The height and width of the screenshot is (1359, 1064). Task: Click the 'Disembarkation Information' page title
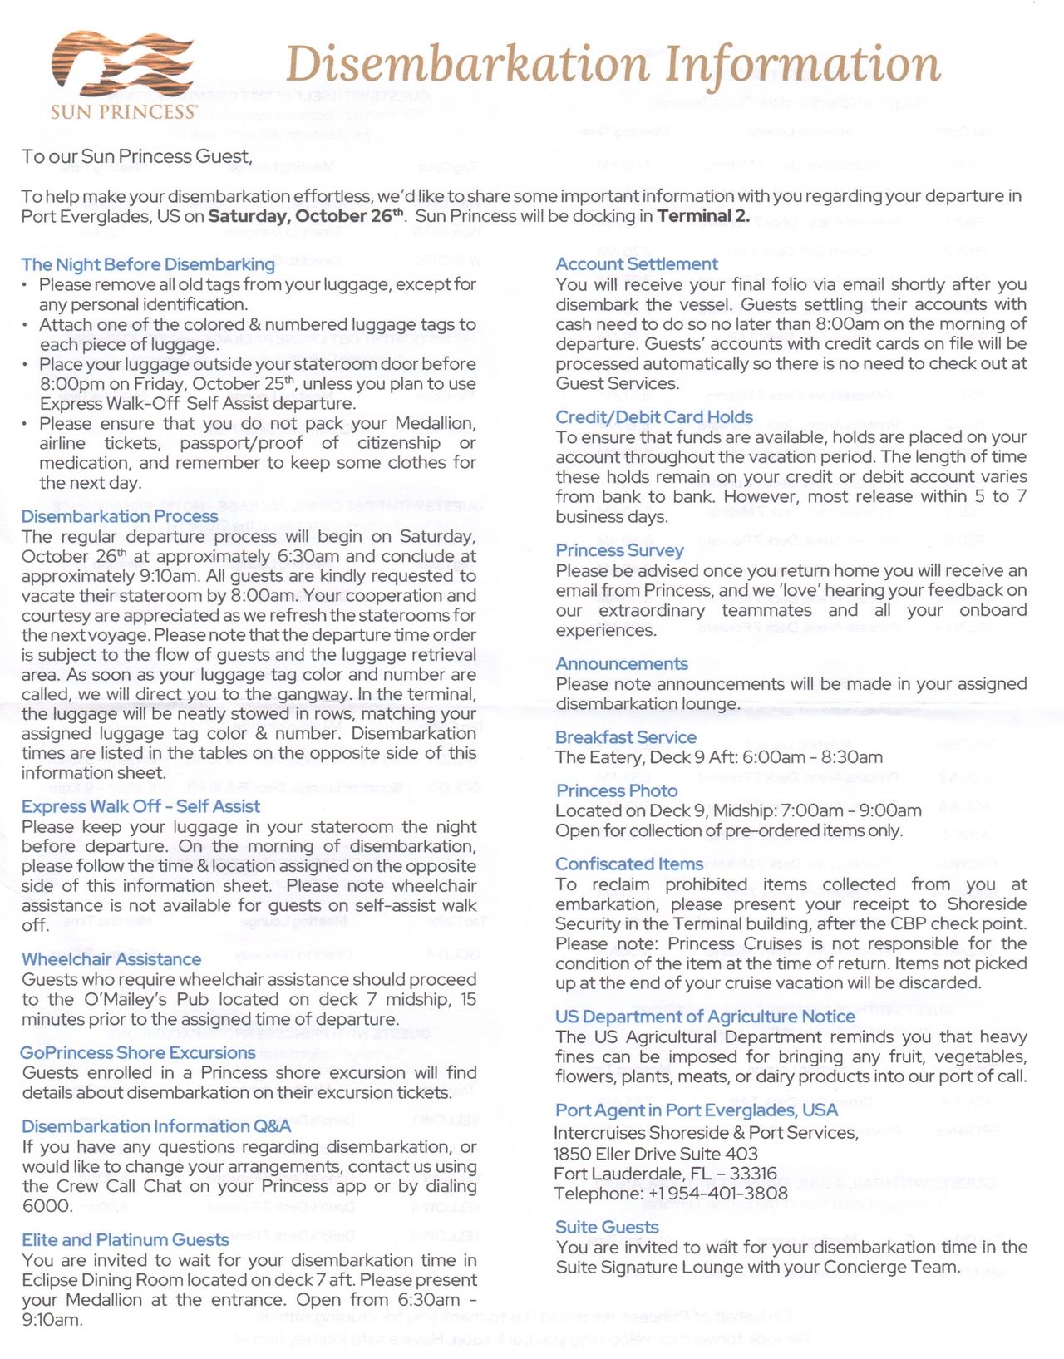(613, 64)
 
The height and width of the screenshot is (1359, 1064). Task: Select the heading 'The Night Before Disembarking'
(148, 264)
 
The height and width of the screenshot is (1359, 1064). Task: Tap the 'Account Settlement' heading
(637, 264)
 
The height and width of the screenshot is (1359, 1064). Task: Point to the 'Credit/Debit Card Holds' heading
(654, 417)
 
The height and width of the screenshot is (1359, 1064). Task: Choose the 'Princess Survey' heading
(619, 550)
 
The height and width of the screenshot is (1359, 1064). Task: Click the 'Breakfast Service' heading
(626, 737)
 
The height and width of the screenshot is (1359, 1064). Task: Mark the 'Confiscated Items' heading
(629, 864)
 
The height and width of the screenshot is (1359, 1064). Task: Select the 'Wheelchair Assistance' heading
(111, 959)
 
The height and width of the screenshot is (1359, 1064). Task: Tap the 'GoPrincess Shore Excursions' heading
(138, 1053)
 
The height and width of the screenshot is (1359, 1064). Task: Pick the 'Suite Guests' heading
(607, 1228)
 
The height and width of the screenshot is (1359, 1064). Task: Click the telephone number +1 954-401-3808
(717, 1194)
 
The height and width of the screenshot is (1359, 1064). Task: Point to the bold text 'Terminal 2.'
(703, 217)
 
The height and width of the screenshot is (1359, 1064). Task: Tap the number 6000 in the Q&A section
(47, 1206)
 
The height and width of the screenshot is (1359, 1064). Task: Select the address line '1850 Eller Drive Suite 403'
(656, 1154)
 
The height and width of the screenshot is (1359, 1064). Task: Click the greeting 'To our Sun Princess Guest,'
(136, 156)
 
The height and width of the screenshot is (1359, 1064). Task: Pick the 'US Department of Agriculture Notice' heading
(705, 1017)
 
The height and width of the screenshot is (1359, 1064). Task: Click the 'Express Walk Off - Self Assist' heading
(140, 806)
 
